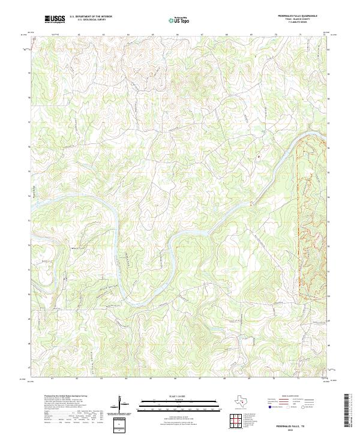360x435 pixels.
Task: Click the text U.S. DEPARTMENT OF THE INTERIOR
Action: point(91,17)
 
